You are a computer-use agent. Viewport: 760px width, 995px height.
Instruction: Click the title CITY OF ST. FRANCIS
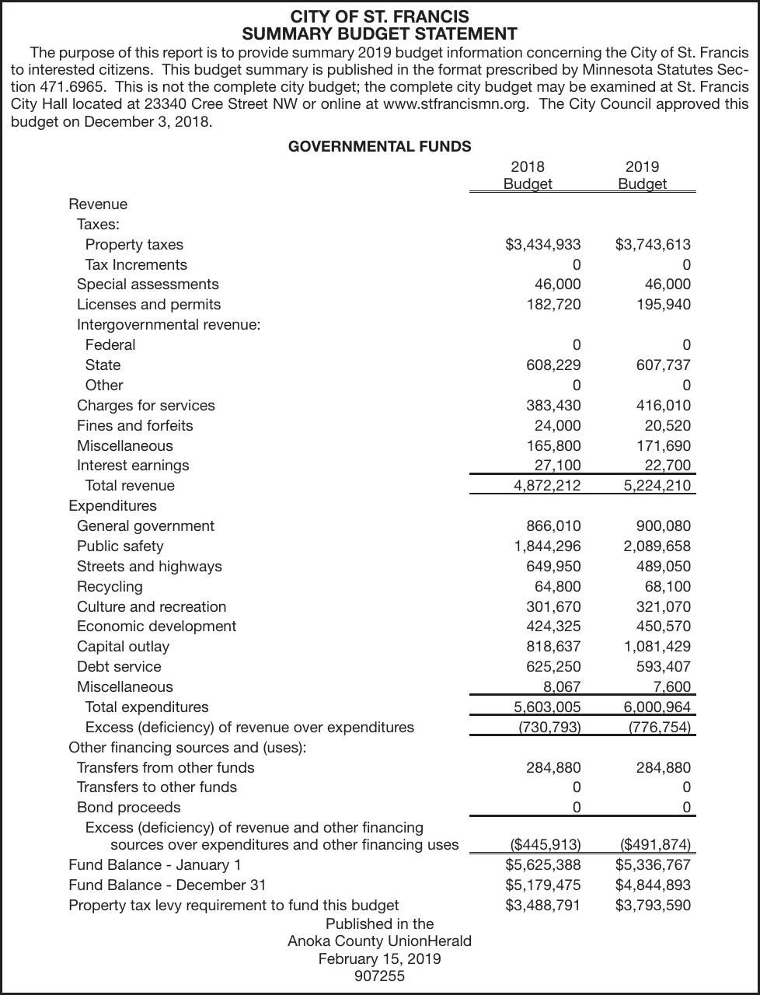[x=379, y=16]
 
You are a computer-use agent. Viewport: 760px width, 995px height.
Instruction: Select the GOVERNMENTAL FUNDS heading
[x=379, y=146]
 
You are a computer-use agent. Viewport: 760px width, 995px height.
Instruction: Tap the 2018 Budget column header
[x=528, y=175]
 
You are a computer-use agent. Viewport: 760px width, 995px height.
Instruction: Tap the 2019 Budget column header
[x=642, y=175]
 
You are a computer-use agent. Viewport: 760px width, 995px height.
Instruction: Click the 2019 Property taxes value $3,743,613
[x=653, y=245]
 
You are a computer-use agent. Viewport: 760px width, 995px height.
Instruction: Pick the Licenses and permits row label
[x=148, y=305]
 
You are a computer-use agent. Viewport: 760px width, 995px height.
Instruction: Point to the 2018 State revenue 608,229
[x=553, y=365]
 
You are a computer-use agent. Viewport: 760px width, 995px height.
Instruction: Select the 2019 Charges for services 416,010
[x=663, y=406]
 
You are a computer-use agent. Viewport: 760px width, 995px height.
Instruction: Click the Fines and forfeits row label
[x=134, y=426]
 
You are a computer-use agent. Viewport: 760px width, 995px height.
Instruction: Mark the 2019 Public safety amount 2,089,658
[x=657, y=546]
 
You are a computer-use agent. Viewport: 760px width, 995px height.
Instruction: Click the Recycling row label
[x=110, y=587]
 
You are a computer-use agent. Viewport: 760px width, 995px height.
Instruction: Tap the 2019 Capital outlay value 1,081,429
[x=657, y=647]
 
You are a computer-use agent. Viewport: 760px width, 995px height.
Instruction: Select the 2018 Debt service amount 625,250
[x=553, y=667]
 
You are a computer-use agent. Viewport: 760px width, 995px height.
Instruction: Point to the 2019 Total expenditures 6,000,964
[x=657, y=707]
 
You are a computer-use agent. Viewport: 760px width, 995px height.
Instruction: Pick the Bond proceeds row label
[x=128, y=808]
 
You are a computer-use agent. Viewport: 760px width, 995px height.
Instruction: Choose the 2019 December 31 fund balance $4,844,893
[x=653, y=885]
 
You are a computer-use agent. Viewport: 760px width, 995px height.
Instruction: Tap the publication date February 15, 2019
[x=379, y=959]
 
